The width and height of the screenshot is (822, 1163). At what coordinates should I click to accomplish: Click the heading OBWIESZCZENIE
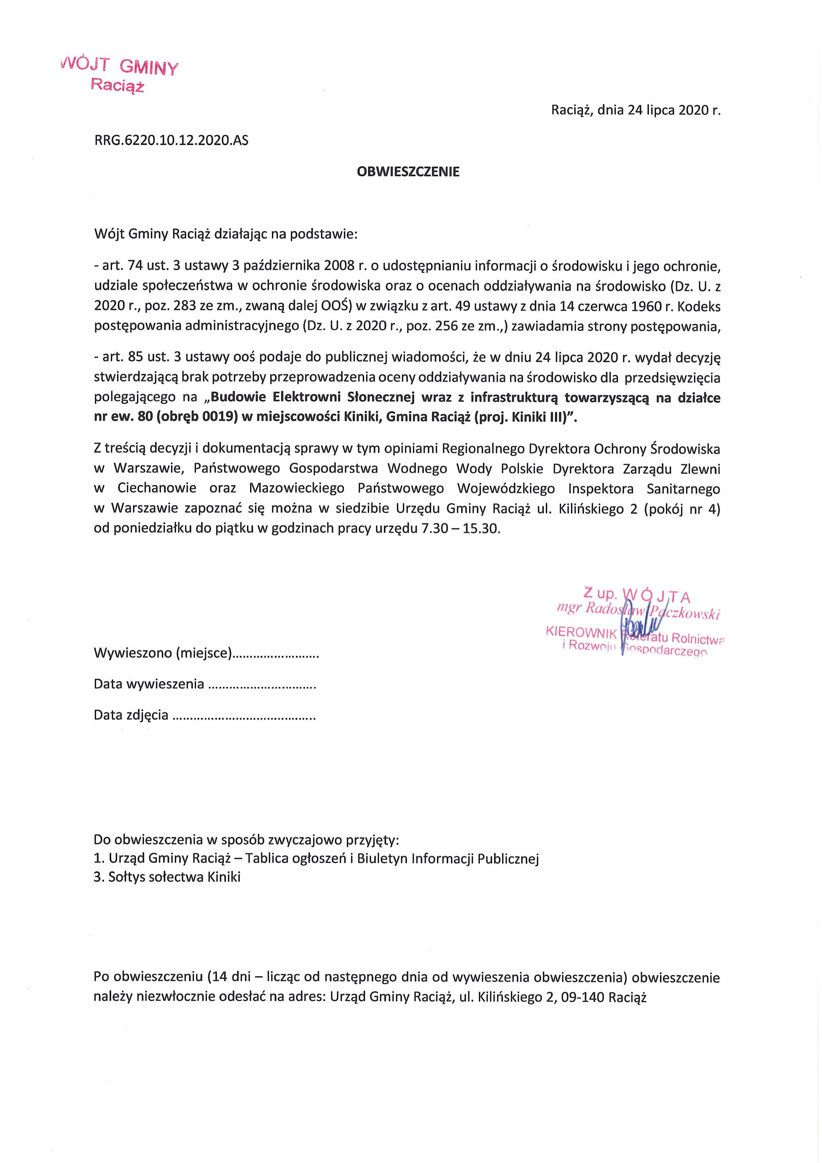point(408,172)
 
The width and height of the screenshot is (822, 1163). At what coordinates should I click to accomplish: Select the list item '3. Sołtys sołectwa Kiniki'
point(167,877)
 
